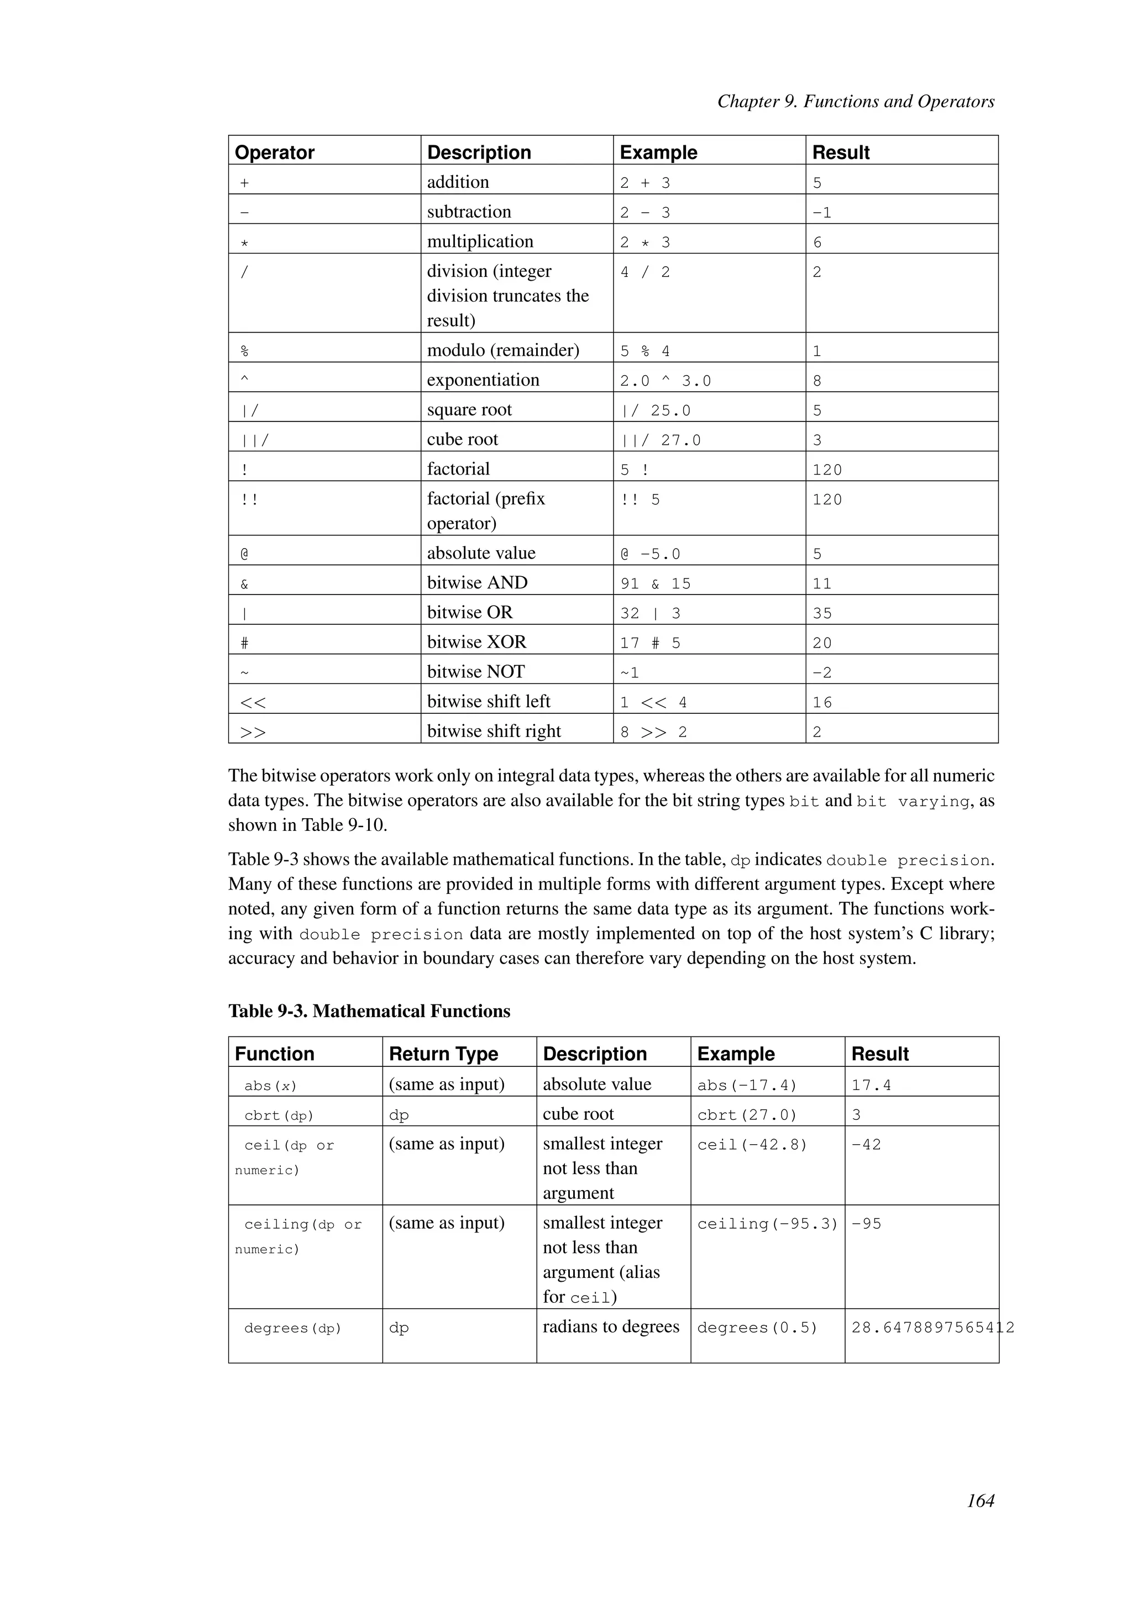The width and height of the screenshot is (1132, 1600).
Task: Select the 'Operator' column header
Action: [x=275, y=152]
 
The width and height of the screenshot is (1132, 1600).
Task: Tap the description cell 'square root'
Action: [x=469, y=410]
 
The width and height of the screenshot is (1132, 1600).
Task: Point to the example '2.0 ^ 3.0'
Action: [x=665, y=381]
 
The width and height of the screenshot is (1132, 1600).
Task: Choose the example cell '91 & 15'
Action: [x=655, y=583]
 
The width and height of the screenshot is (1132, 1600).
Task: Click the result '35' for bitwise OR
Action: [x=822, y=613]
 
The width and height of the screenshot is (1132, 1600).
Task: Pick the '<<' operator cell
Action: [x=253, y=702]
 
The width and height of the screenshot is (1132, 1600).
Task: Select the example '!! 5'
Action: [x=640, y=499]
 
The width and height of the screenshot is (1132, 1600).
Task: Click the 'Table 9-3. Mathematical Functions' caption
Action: [x=369, y=1011]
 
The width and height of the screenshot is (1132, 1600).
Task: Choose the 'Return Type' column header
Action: [x=443, y=1054]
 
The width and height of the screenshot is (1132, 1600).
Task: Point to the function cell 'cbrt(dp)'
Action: [x=279, y=1115]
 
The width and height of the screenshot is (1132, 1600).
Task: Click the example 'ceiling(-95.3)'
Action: [x=767, y=1224]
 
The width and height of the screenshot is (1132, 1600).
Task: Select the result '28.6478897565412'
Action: [x=932, y=1328]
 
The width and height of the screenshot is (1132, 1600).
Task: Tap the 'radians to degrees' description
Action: [x=611, y=1326]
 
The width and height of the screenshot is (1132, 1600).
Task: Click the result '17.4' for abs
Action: [x=871, y=1085]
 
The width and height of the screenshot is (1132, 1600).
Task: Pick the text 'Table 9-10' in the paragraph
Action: [x=343, y=825]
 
